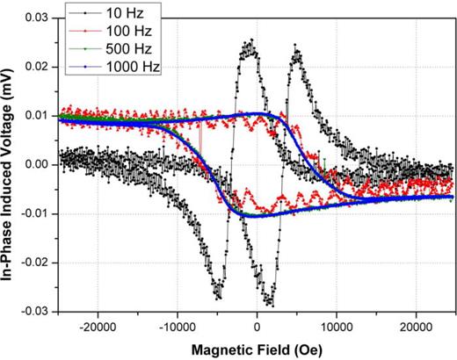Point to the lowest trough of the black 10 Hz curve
tap(270, 306)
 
